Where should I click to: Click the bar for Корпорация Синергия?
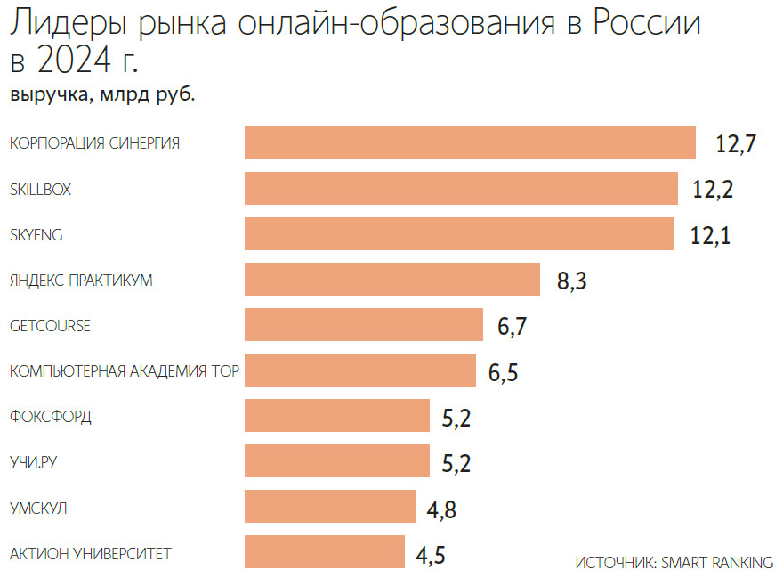tap(470, 142)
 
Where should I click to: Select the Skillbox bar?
tap(461, 188)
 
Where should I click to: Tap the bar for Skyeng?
tap(459, 233)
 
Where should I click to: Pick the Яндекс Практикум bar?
tap(392, 279)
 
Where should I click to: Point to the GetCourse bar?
tap(363, 325)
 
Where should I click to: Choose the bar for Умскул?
tap(329, 507)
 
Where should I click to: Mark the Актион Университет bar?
tap(324, 552)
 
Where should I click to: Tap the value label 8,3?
tap(572, 281)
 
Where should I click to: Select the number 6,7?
tap(513, 327)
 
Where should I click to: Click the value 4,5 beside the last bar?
tap(431, 556)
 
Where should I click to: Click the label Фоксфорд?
tap(50, 417)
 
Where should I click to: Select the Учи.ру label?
tap(38, 462)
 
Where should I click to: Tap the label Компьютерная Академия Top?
tap(124, 370)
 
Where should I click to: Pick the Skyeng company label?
tap(36, 234)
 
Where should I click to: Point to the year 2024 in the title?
tap(81, 62)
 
